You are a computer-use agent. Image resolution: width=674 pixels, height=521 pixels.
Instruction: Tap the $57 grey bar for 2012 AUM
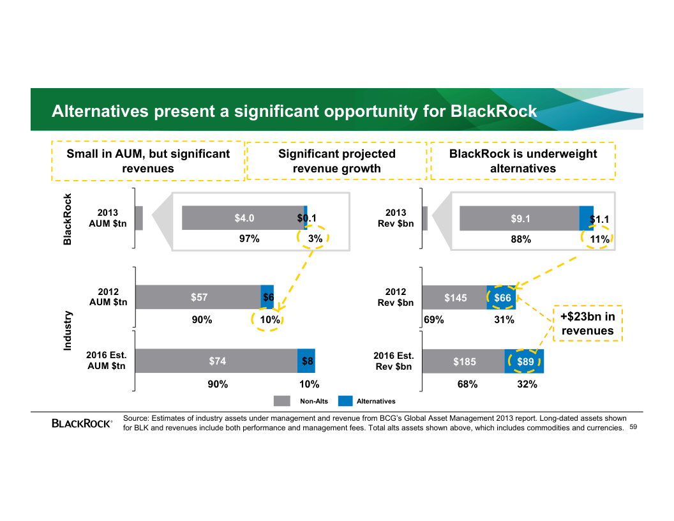click(198, 297)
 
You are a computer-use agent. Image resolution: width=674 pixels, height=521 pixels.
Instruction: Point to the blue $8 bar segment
click(306, 361)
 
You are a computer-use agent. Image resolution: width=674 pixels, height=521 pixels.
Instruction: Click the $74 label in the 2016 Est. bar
click(217, 361)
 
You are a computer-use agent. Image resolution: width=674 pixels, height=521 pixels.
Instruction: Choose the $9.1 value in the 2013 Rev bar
click(520, 218)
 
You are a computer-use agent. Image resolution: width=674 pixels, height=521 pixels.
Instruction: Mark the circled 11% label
click(599, 239)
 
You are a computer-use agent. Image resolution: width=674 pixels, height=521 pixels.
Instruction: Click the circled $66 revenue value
click(502, 298)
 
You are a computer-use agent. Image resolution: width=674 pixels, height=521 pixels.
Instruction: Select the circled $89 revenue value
click(525, 361)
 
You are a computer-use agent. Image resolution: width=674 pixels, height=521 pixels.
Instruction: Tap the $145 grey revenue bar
click(455, 298)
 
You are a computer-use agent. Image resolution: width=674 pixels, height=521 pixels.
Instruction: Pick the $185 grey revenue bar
click(464, 361)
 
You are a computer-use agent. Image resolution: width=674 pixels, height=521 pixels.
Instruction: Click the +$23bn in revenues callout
click(587, 324)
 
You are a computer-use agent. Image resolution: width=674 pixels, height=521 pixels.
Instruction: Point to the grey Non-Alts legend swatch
click(281, 401)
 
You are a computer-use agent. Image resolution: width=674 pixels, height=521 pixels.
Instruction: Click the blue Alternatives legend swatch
click(345, 401)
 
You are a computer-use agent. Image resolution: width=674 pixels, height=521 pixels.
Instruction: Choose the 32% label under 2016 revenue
click(527, 384)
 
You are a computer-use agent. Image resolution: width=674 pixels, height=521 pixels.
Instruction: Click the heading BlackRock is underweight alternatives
click(523, 161)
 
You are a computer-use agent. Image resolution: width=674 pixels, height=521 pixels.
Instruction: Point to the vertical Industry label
click(68, 331)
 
